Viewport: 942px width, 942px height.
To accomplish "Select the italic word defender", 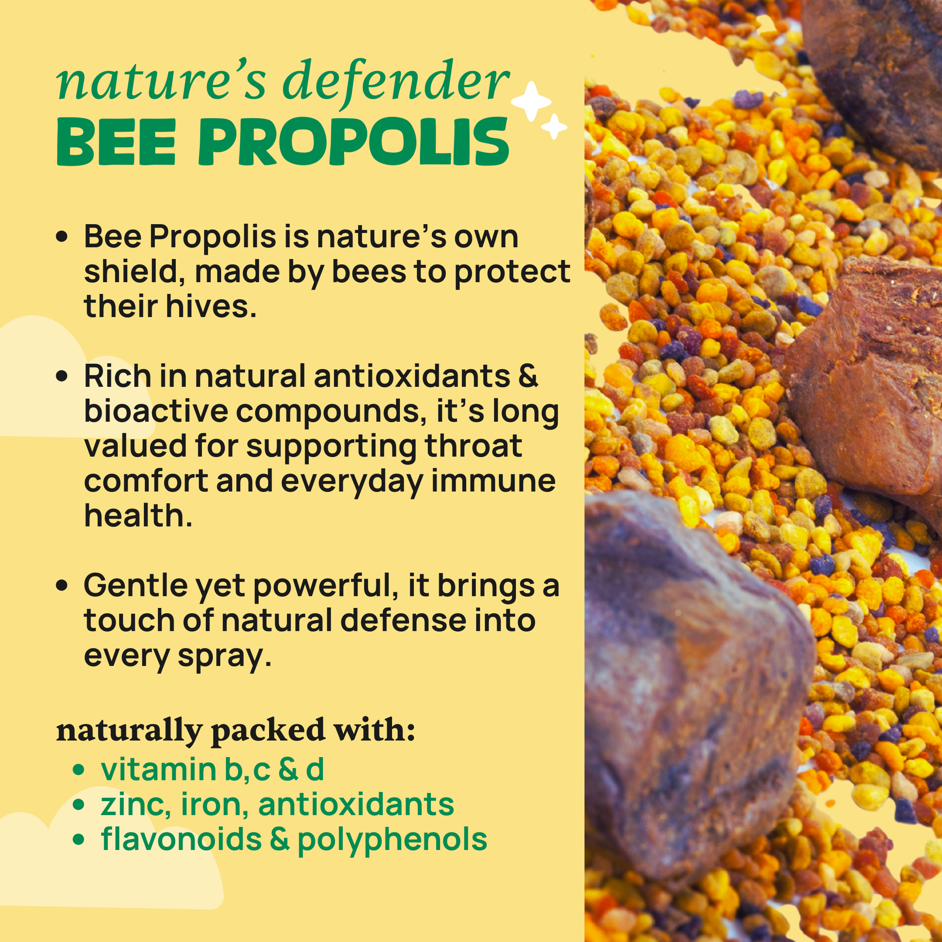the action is tap(396, 82).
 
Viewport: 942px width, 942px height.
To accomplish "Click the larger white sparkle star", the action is tap(531, 102).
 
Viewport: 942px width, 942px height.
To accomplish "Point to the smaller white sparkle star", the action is tap(554, 127).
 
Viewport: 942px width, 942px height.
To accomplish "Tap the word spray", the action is tap(224, 657).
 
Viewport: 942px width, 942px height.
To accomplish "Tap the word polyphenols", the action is tap(393, 840).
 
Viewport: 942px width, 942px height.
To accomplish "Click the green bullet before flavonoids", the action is tap(78, 839).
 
